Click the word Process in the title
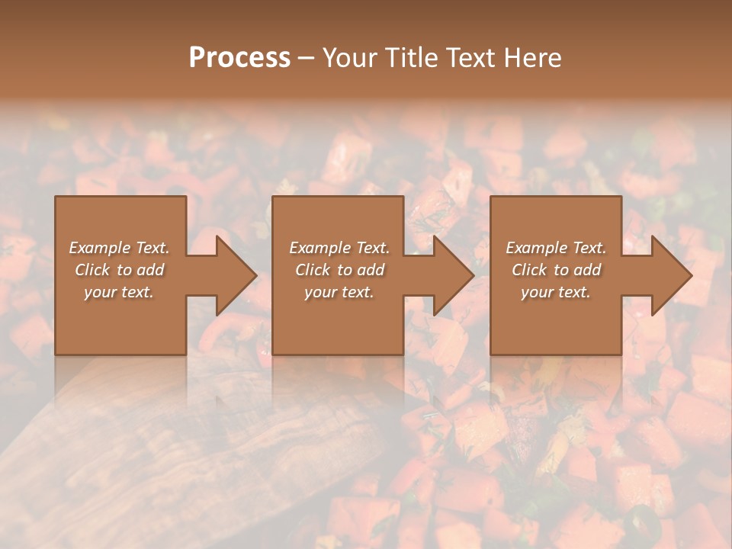coord(239,58)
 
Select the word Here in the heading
coord(533,58)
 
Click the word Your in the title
coord(352,58)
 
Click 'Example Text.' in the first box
coord(119,248)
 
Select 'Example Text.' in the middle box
coord(339,248)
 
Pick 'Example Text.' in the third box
coord(556,248)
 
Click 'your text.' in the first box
coord(119,292)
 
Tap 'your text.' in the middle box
coord(339,292)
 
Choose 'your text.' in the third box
coord(556,292)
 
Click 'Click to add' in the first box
coord(119,270)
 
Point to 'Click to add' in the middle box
coord(339,270)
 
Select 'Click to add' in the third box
coord(556,270)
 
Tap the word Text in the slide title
coord(472,58)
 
